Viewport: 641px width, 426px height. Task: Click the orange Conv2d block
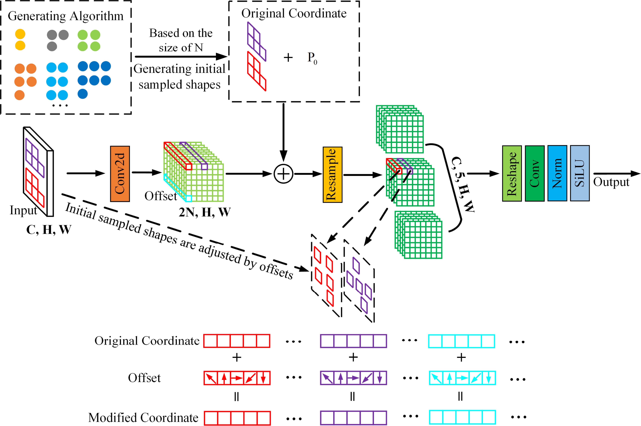[120, 174]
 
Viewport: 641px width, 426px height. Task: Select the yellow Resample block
[332, 175]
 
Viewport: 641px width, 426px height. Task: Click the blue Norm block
[557, 173]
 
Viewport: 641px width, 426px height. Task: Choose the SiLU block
[580, 173]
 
